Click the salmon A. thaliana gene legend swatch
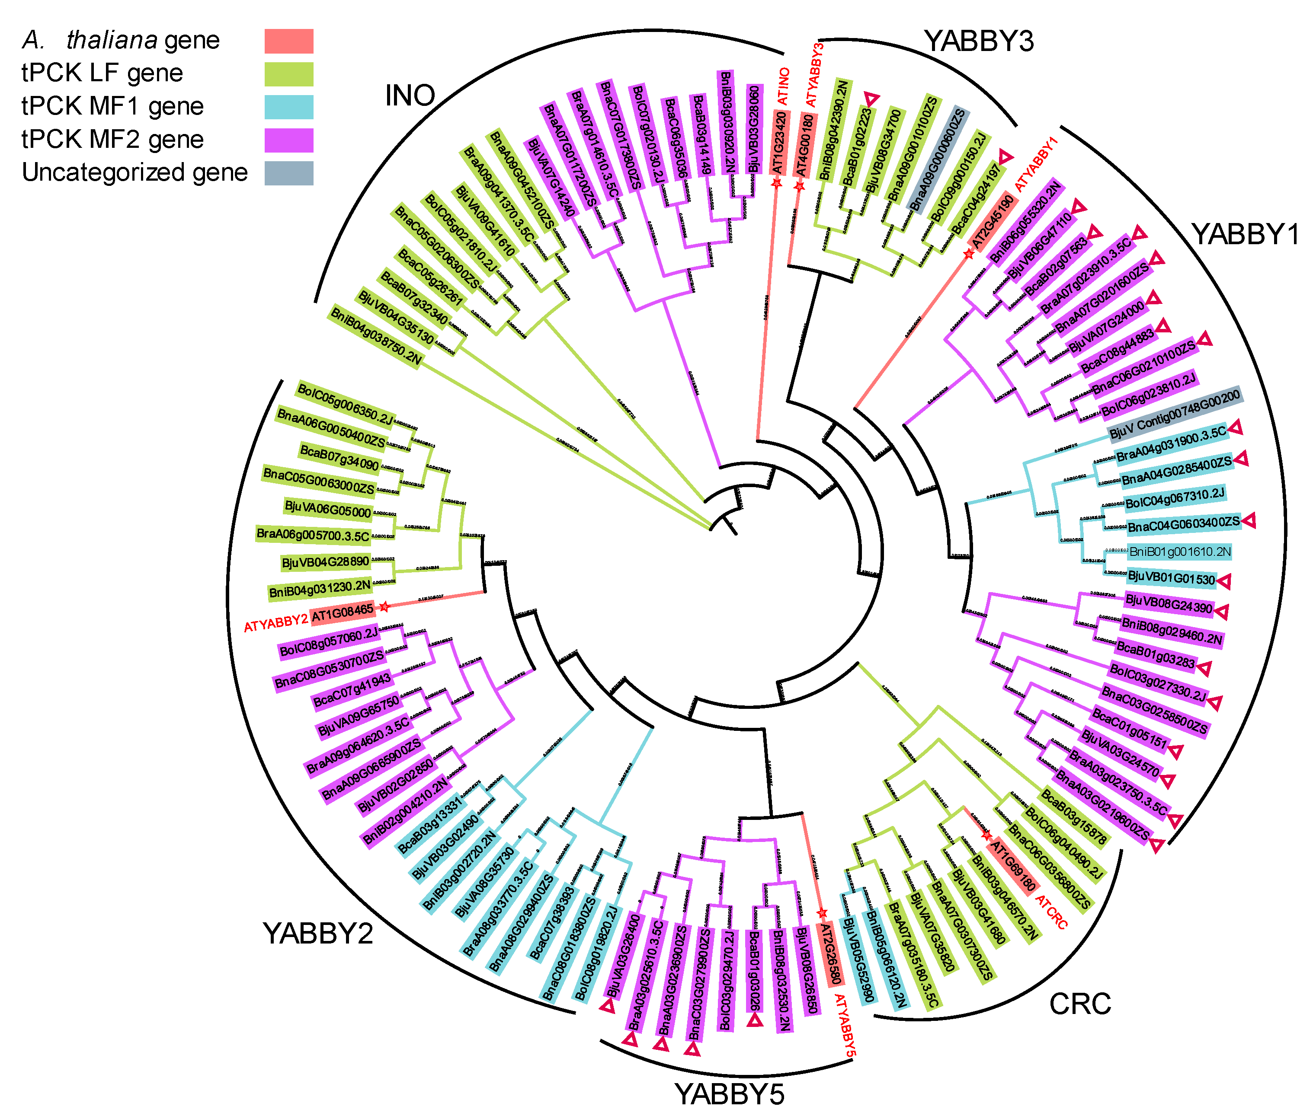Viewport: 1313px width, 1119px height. coord(288,41)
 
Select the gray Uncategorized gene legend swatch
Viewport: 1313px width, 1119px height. coord(288,172)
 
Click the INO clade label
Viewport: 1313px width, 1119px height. coord(410,96)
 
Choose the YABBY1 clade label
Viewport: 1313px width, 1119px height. coord(1245,234)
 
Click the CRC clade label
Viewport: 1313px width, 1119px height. coord(1080,1004)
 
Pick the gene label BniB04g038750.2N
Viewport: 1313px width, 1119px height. coord(376,336)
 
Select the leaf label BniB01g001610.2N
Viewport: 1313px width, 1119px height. coord(1180,552)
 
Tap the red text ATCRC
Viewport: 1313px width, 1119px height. coord(1051,912)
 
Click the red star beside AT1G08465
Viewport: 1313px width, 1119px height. coord(383,607)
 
